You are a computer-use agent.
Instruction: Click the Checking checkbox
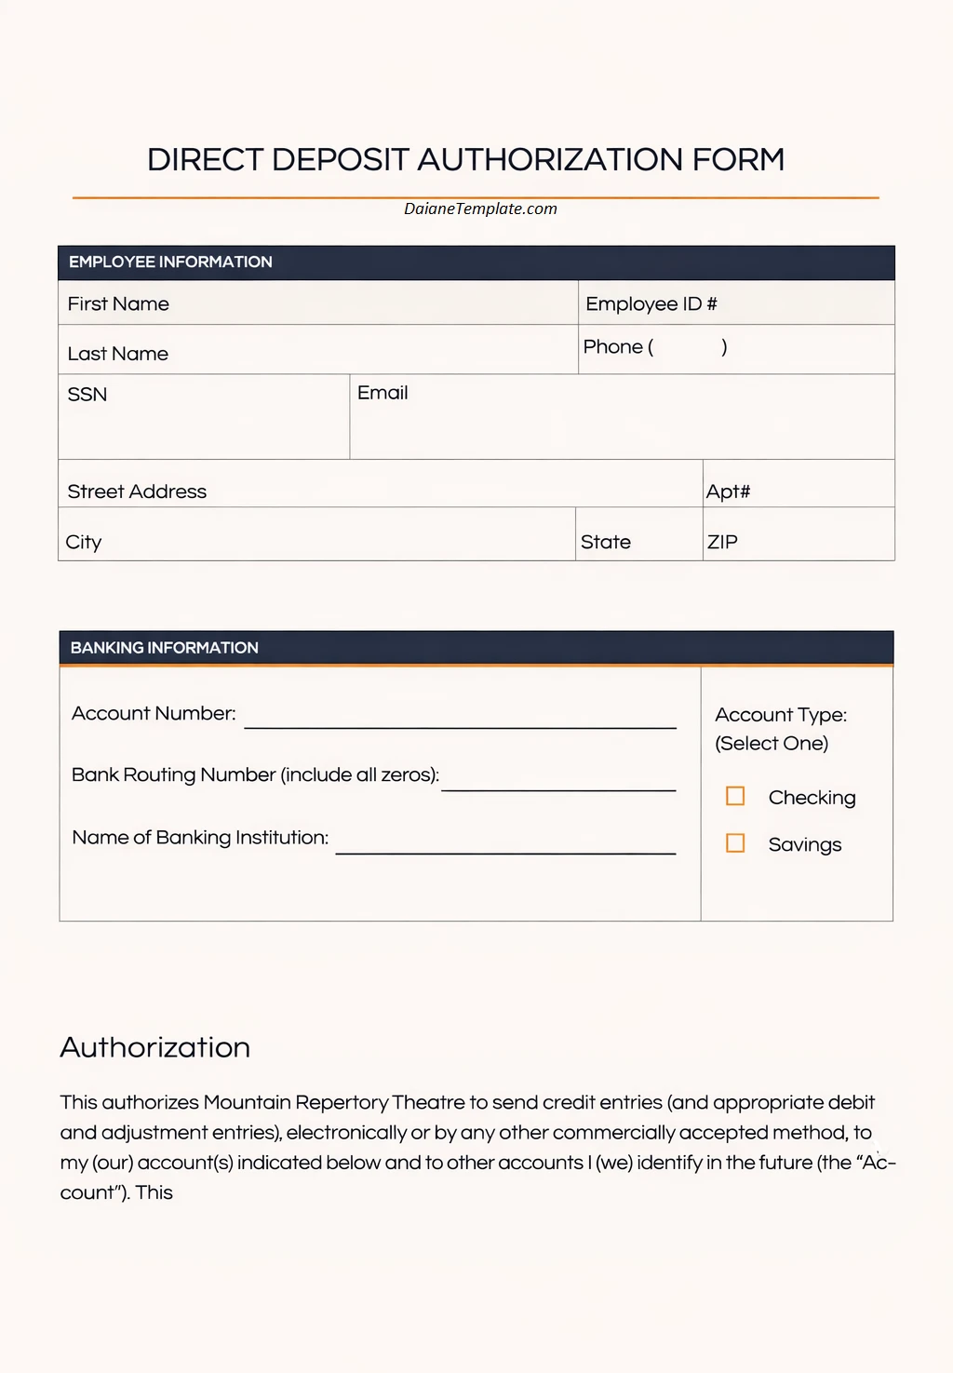[735, 796]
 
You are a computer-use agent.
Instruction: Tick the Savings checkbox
[735, 843]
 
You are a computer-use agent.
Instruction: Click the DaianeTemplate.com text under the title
[480, 209]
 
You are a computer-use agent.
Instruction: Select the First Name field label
[118, 304]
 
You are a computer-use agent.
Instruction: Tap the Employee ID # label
[651, 304]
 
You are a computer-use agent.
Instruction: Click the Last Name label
[118, 354]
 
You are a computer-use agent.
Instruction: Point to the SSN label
[87, 395]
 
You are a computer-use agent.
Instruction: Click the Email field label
[383, 393]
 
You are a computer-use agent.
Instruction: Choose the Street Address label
[137, 491]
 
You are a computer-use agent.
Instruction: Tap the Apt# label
[728, 491]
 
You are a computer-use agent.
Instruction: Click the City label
[84, 542]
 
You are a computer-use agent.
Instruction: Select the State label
[606, 542]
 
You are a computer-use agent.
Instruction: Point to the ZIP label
[722, 542]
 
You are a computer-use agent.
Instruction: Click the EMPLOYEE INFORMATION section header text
[170, 262]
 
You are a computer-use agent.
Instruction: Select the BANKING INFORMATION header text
[165, 648]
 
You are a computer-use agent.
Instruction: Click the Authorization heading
[155, 1047]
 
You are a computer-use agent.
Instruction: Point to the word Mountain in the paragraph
[247, 1103]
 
